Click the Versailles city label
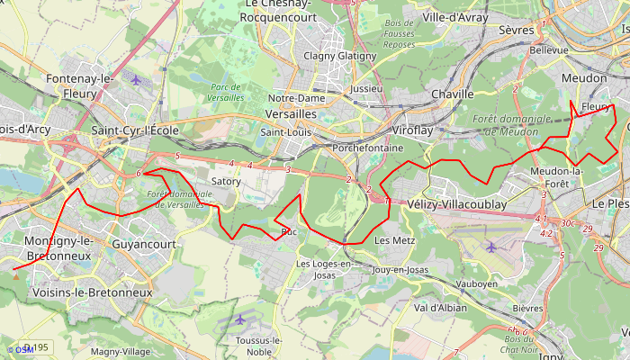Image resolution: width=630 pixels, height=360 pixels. point(292,114)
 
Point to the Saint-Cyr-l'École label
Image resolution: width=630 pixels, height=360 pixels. point(135,130)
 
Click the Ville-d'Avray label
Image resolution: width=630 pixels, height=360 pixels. point(454,17)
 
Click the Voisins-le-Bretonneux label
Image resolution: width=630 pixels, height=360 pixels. point(92,292)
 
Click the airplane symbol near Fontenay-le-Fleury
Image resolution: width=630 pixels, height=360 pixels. point(136,79)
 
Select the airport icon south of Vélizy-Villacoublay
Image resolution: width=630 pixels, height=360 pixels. point(490,246)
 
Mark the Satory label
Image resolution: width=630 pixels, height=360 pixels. point(225,181)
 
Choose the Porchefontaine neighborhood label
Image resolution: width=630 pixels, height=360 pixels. point(366,147)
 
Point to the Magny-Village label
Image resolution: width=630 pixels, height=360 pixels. point(120,352)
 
